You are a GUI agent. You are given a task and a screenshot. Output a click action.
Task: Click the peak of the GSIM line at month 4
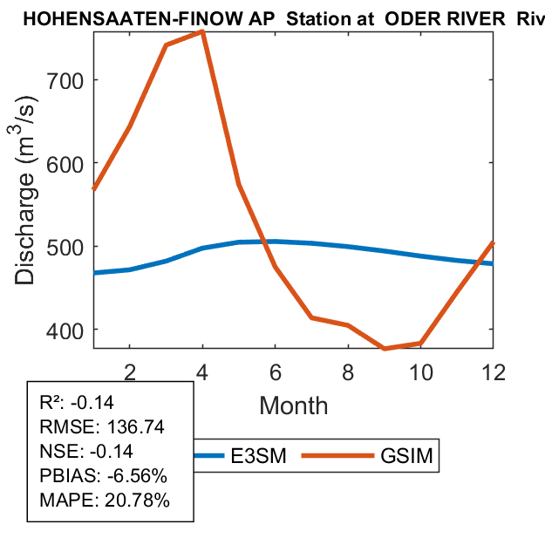point(202,31)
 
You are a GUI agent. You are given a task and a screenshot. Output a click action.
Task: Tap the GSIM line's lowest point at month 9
point(385,348)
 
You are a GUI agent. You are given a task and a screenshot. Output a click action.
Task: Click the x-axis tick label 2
point(129,371)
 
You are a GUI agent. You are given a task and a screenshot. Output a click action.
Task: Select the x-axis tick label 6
point(276,371)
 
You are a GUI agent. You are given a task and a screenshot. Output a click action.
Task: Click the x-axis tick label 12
point(494,371)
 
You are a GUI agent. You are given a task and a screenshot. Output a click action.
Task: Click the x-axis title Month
point(293,405)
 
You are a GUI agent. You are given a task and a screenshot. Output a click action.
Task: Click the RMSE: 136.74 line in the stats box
point(102,427)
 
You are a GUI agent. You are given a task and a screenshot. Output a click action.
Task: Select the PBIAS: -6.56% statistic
point(103,476)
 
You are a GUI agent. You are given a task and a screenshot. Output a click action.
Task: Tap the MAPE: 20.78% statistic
point(105,501)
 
